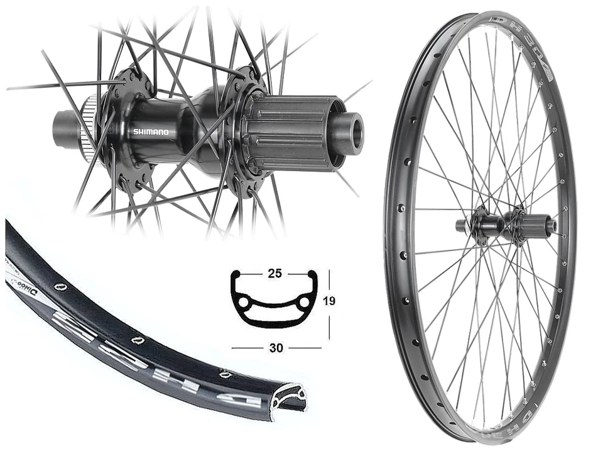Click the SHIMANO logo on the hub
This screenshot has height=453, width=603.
151,132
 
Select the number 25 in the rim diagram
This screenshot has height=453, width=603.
274,274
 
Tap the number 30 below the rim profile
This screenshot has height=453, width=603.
275,347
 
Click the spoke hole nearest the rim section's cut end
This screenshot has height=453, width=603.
224,374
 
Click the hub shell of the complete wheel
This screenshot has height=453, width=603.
491,223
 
